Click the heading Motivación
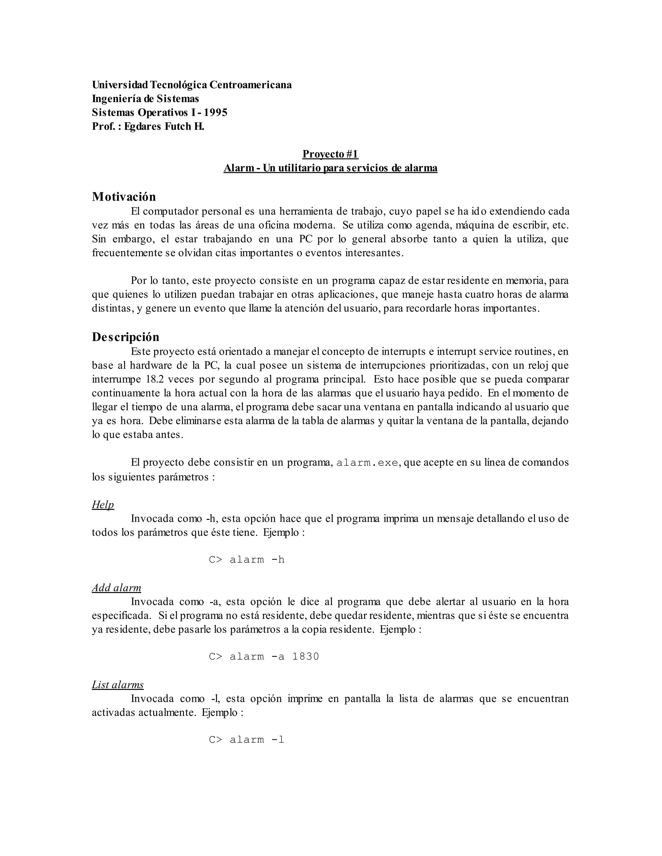123,196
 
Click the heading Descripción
125,337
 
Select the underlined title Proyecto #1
330,154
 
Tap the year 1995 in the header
215,112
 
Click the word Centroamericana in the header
251,85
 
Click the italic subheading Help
103,505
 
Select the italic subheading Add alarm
116,588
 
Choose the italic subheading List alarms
118,684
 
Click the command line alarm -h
247,560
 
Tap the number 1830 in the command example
305,656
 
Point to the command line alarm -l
247,740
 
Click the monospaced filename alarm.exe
368,463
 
